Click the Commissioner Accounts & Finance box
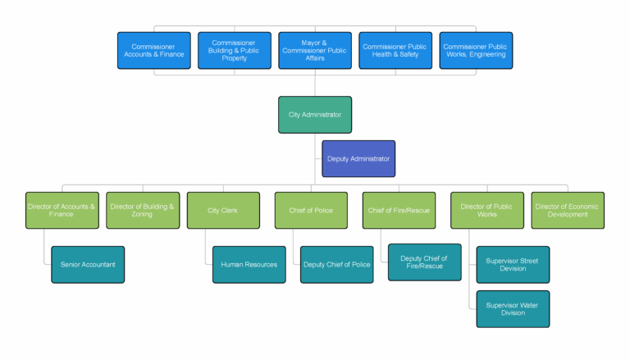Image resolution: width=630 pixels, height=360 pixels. [x=154, y=50]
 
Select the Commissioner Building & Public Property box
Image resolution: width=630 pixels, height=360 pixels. [x=234, y=50]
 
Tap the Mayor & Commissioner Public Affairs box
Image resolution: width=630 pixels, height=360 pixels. [x=315, y=50]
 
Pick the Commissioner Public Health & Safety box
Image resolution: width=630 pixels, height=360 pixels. [x=395, y=50]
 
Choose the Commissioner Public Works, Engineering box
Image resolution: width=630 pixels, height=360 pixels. [x=476, y=50]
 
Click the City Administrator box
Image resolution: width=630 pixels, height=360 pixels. [x=315, y=114]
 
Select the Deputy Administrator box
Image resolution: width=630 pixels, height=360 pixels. [x=358, y=158]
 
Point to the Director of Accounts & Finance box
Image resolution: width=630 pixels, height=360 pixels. [x=62, y=210]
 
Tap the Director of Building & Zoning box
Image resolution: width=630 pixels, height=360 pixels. [x=143, y=210]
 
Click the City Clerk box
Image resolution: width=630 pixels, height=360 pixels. [x=223, y=210]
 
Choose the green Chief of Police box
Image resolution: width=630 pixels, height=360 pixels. [x=311, y=210]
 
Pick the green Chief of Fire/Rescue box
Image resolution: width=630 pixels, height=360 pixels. [x=399, y=210]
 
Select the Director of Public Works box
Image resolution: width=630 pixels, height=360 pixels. [x=487, y=210]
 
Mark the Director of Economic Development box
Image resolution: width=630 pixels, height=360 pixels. [x=568, y=210]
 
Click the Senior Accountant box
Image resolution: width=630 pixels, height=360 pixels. [x=88, y=264]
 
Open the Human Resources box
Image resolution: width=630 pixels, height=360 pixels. [x=249, y=264]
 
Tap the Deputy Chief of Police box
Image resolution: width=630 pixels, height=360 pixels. [x=337, y=264]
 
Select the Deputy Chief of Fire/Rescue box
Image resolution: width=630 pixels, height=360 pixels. [x=425, y=262]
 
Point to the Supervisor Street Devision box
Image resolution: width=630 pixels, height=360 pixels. [x=513, y=264]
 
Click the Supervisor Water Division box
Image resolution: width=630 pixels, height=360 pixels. [x=513, y=308]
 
